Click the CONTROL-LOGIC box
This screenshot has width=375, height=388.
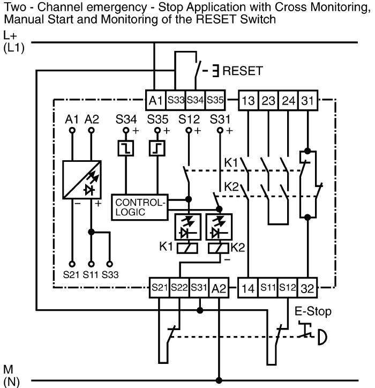click(x=138, y=207)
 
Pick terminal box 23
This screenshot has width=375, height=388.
click(x=268, y=100)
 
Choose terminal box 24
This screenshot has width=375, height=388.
click(x=288, y=100)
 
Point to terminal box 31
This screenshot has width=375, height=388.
click(x=308, y=100)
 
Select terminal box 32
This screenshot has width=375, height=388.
click(x=307, y=288)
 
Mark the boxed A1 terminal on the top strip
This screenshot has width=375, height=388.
click(x=155, y=100)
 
